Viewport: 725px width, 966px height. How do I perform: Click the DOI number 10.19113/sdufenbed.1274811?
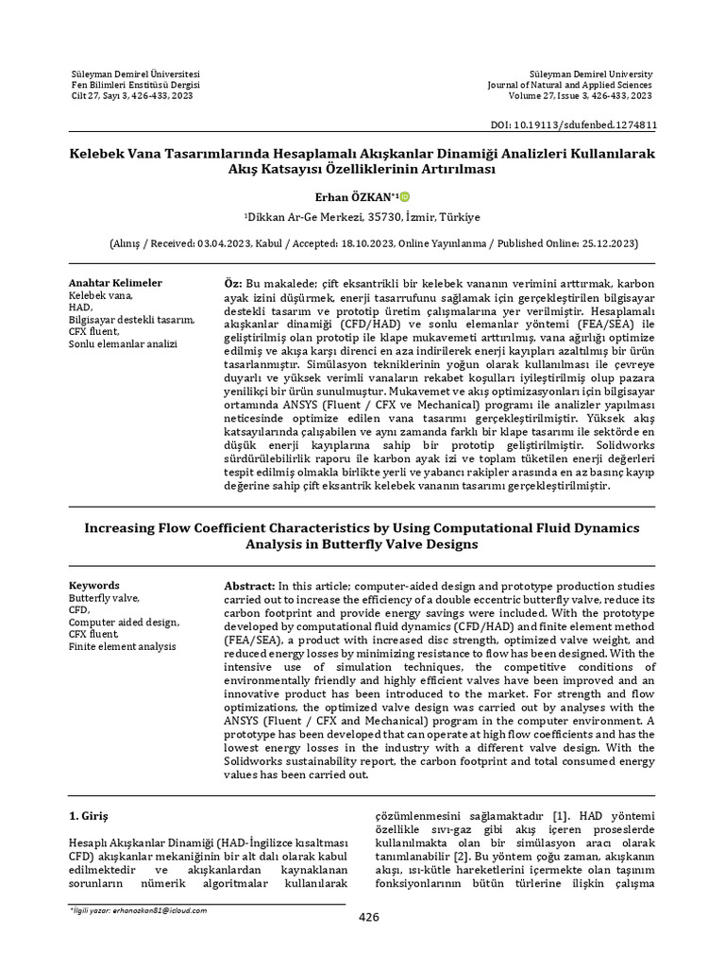(587, 124)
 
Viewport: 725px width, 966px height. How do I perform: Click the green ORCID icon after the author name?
(405, 196)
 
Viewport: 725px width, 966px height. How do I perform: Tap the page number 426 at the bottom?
(368, 917)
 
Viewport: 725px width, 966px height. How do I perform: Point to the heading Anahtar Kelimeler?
(115, 283)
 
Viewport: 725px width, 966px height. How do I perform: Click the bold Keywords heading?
(94, 585)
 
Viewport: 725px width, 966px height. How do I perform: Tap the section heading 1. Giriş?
(91, 814)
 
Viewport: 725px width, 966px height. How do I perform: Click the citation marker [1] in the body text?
(560, 813)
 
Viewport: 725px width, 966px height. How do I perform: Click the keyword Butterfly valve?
(104, 598)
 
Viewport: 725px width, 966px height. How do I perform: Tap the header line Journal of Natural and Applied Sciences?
(569, 85)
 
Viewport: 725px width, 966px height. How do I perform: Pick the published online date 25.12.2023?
(605, 243)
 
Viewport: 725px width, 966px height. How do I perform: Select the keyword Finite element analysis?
(122, 647)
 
